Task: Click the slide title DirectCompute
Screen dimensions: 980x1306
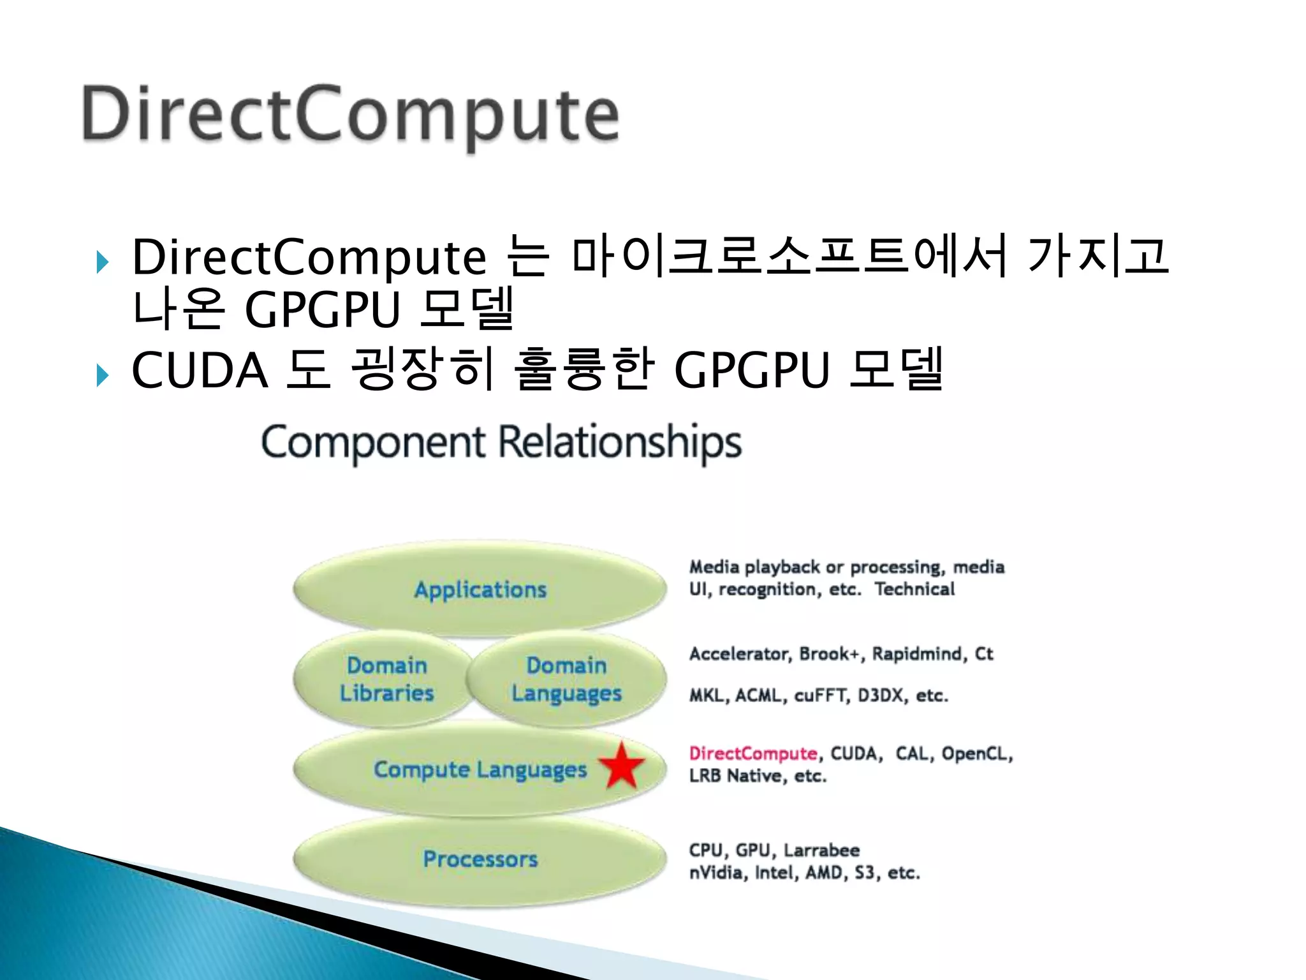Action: click(351, 115)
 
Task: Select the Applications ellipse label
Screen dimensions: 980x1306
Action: click(480, 590)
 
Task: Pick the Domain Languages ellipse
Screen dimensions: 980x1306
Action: click(566, 679)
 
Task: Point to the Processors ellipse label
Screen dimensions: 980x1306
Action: click(480, 859)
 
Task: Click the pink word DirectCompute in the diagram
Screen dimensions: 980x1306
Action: click(752, 754)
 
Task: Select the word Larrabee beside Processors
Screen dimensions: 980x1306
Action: click(821, 850)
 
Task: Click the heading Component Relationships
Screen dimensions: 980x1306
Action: click(501, 443)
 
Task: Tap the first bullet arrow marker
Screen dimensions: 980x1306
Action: click(102, 262)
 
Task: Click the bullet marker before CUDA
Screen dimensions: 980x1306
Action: click(102, 375)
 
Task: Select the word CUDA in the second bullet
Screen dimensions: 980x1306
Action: click(200, 371)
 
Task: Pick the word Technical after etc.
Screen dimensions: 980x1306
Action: click(914, 590)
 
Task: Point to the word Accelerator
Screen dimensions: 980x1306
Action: click(740, 655)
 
